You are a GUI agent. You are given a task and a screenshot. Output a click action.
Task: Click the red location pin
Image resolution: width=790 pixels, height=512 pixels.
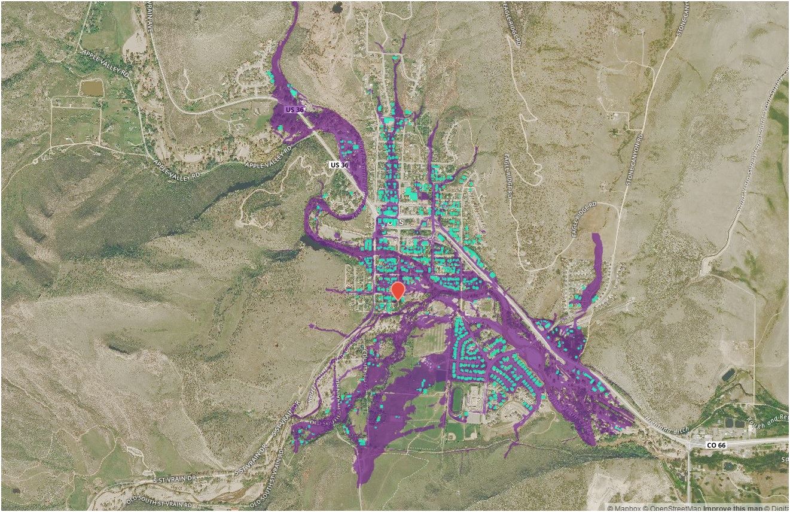398,290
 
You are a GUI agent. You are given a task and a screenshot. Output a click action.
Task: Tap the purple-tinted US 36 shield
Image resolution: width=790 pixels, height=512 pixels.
295,110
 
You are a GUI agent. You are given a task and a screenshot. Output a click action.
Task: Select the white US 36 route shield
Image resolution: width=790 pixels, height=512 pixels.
339,164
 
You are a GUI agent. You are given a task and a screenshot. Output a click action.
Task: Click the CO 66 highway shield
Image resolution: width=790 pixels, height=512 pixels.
716,445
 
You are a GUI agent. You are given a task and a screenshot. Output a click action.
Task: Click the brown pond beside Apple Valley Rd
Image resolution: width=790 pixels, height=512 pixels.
91,88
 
